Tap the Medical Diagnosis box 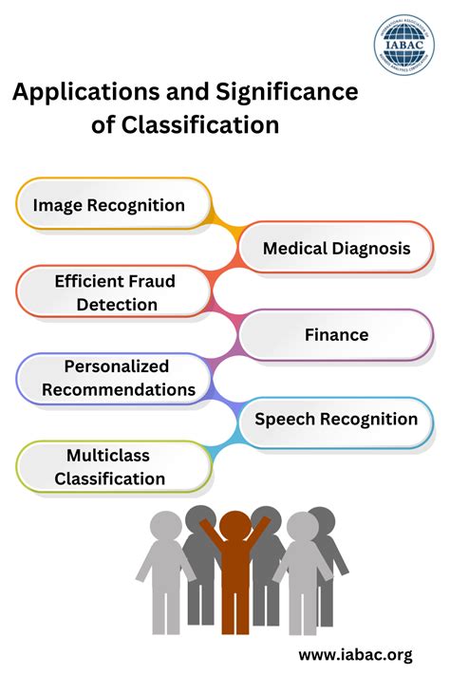click(336, 249)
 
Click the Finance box click(336, 335)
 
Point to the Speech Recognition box click(336, 420)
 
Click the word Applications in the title click(76, 93)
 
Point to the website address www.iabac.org click(355, 654)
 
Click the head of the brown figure click(234, 525)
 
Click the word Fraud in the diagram click(152, 281)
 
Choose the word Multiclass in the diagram click(108, 456)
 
